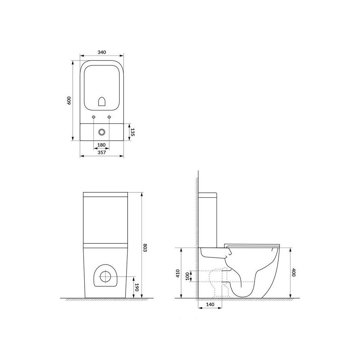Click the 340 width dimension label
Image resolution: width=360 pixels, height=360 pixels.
102,52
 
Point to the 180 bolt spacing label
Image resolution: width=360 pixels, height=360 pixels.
101,145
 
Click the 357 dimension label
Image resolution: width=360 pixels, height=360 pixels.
102,152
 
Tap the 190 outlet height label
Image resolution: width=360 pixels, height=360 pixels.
137,288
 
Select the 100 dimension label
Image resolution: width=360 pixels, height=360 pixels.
187,276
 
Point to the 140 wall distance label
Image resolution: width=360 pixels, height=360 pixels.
210,304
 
